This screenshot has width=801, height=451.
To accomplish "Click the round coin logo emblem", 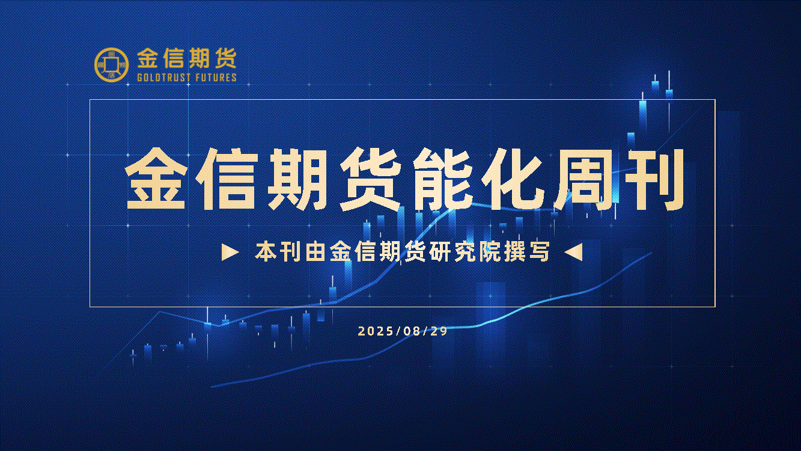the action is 112,64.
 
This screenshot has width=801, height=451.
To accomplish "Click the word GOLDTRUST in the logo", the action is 163,78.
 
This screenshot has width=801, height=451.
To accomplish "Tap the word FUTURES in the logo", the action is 216,78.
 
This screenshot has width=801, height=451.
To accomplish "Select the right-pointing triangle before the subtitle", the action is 230,253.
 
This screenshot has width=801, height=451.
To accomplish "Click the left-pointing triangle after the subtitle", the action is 573,253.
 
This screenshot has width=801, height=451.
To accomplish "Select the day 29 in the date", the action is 439,331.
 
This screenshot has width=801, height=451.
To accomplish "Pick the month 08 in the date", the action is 412,331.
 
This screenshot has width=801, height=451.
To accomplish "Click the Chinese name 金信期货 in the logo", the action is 187,58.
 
